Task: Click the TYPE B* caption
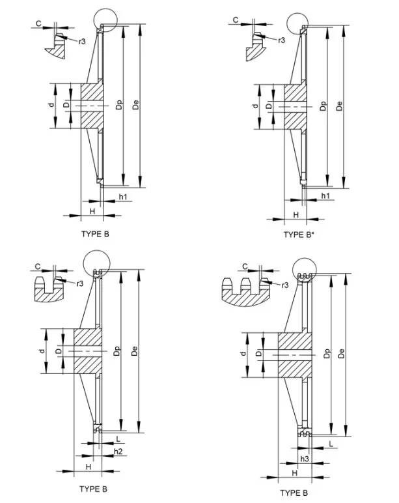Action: [x=299, y=235]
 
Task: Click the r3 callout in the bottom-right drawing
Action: [x=284, y=285]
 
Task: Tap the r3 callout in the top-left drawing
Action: [x=83, y=40]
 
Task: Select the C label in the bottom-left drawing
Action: [x=38, y=266]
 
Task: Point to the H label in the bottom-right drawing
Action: [x=294, y=474]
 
